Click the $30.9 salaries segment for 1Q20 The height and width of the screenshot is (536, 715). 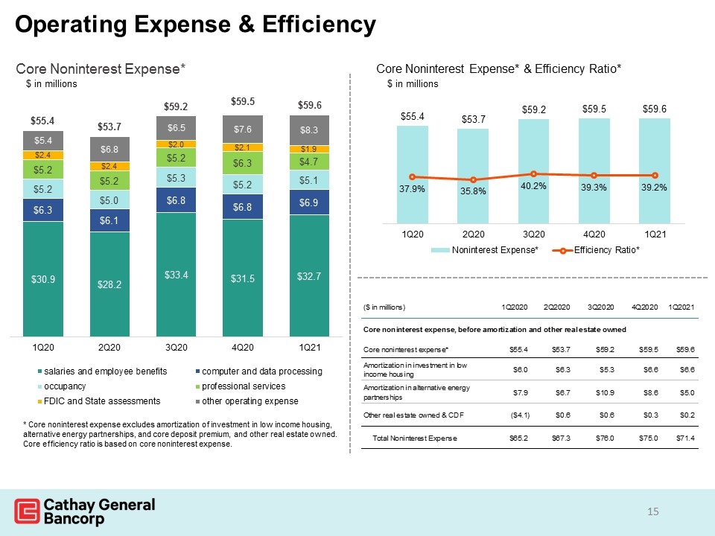tap(43, 279)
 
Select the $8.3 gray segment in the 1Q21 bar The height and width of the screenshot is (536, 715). tap(309, 130)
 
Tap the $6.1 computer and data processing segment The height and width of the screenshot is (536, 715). tap(109, 220)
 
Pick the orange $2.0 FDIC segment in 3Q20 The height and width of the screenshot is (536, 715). tap(176, 144)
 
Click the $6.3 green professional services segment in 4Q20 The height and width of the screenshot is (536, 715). tap(243, 163)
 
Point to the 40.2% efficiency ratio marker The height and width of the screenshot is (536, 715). tap(533, 173)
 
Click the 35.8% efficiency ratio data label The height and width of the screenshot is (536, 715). tap(473, 191)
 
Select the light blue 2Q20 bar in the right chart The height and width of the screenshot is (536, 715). tap(473, 176)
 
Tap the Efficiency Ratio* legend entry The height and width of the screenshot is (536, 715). tap(596, 250)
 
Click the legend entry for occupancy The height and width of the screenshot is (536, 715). tap(62, 386)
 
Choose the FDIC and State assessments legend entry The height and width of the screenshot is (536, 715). tap(99, 401)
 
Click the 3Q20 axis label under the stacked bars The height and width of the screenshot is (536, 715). tap(176, 348)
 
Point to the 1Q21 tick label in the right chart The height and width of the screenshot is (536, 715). tap(655, 234)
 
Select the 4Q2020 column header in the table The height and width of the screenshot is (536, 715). tap(645, 307)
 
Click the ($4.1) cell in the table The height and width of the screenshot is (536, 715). tap(521, 415)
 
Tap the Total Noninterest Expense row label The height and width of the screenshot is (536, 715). tap(415, 438)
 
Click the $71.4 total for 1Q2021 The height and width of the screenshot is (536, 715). tap(685, 438)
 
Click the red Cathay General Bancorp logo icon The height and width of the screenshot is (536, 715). tap(27, 511)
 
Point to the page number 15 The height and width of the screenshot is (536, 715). tap(653, 511)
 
